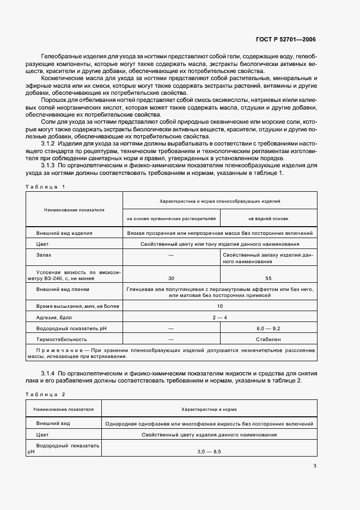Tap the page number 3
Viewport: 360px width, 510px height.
pos(314,465)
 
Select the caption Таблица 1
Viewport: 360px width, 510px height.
pos(45,186)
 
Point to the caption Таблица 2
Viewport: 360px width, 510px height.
pos(45,393)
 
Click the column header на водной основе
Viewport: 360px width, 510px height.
pos(268,218)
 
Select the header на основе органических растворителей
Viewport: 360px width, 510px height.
pos(172,218)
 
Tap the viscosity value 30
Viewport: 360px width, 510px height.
pos(172,278)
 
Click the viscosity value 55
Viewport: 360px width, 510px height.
pos(268,278)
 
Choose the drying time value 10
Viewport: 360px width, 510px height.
pos(219,307)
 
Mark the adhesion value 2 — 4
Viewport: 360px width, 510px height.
pos(219,317)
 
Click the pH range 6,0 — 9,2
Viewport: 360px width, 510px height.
pos(268,329)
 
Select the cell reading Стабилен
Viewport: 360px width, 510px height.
pos(268,339)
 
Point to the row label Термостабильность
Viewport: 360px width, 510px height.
pos(62,339)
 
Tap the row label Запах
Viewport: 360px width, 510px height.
pos(45,254)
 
